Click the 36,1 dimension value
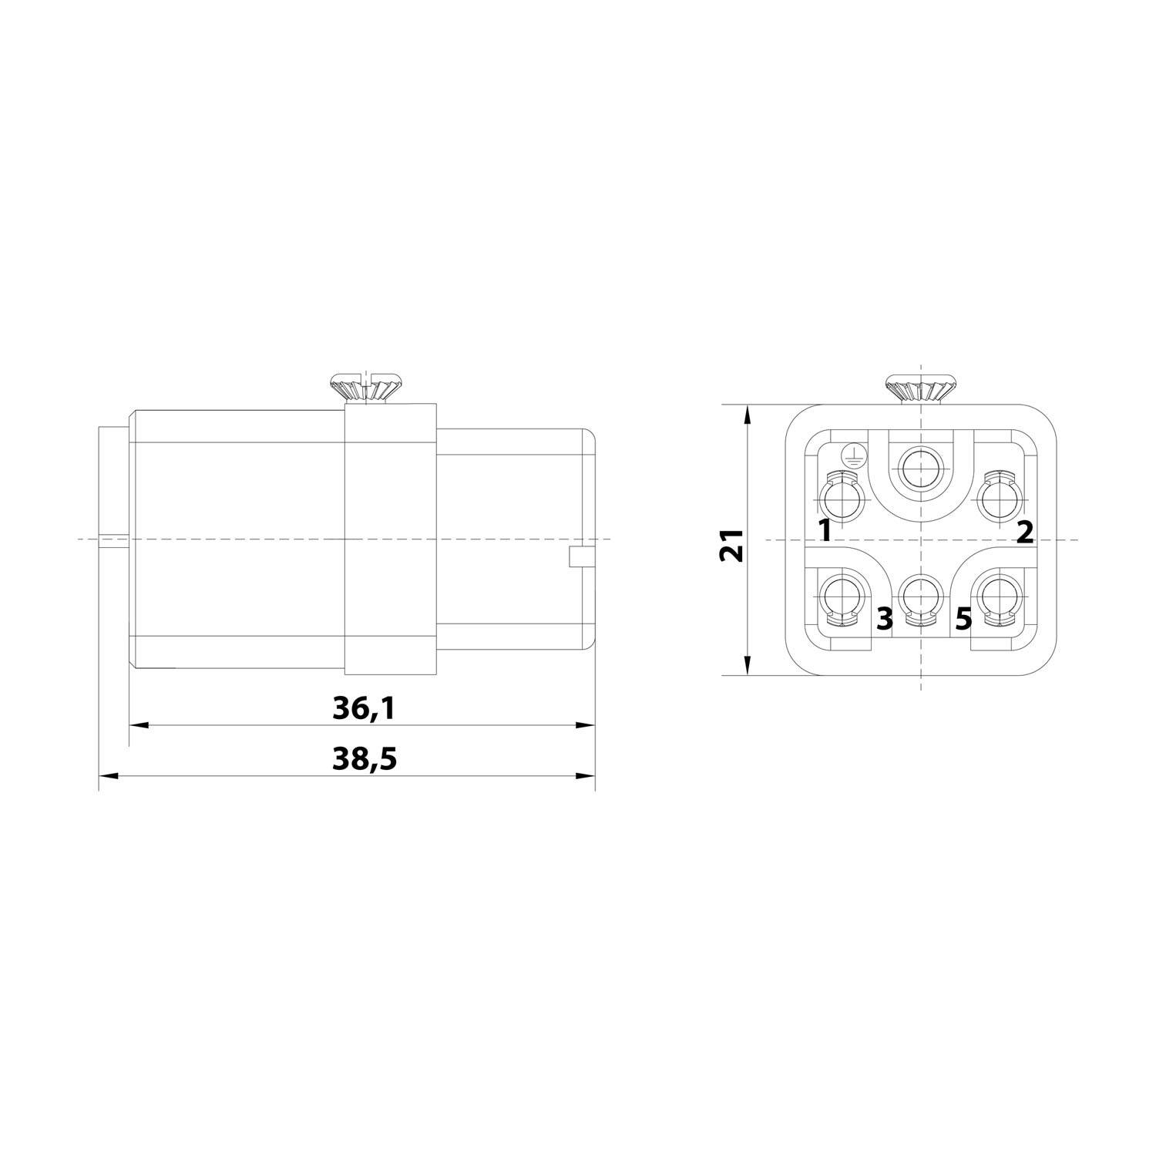[x=364, y=708]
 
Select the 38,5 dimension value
[x=365, y=759]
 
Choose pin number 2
[x=1024, y=531]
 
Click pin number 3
[x=884, y=617]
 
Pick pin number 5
[x=963, y=618]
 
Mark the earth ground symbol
[x=852, y=455]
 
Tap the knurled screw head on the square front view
[x=922, y=388]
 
